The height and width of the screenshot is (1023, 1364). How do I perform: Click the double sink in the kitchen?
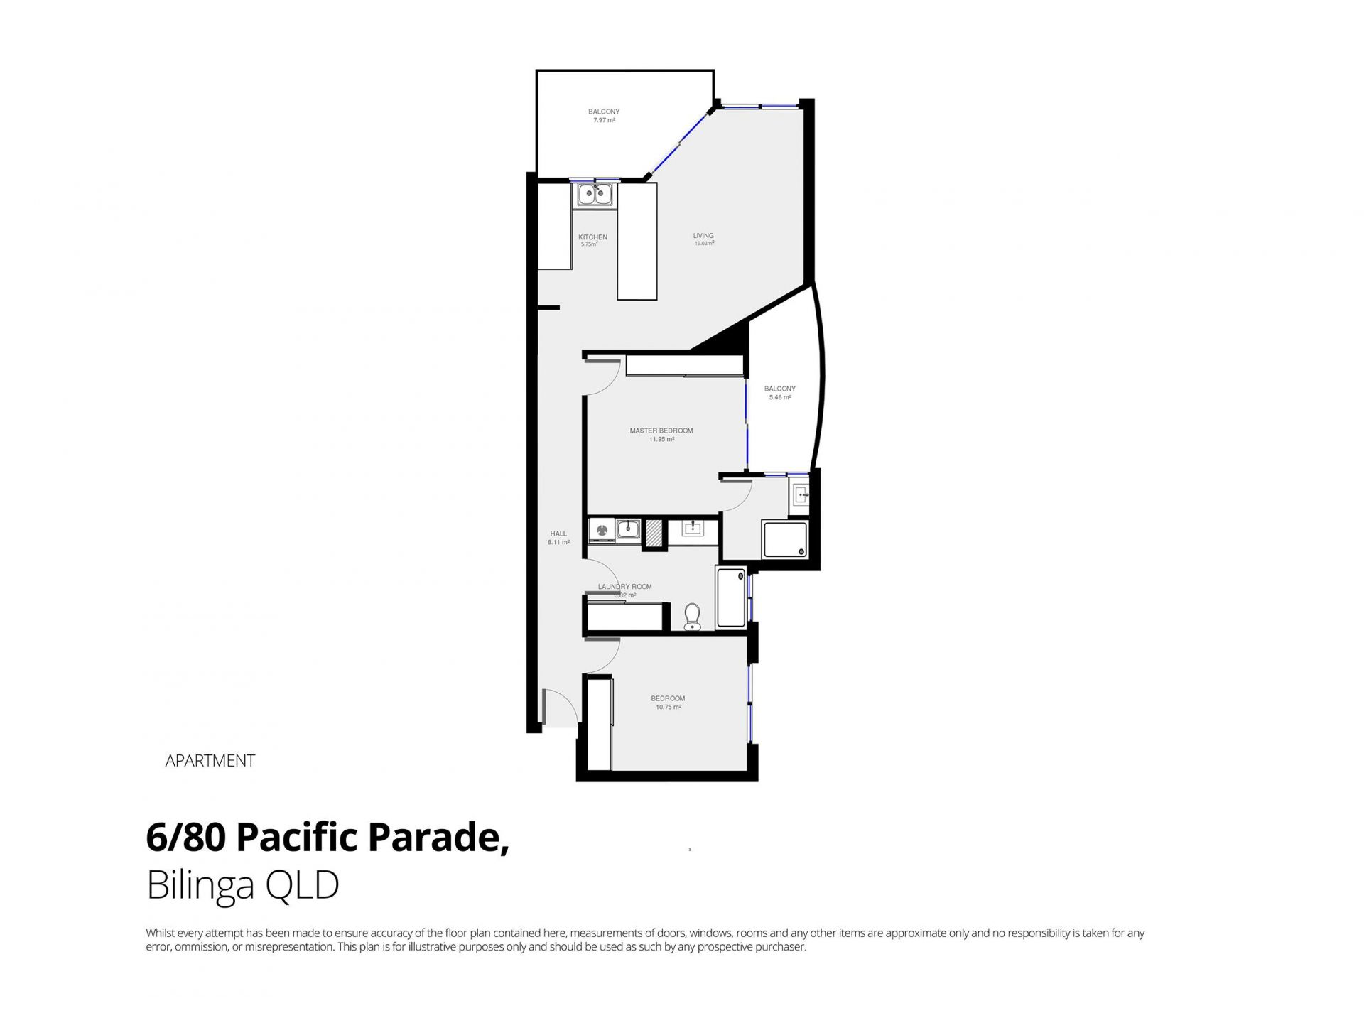595,194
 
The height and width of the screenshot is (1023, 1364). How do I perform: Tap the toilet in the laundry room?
692,617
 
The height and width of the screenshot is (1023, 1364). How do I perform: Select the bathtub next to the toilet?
731,597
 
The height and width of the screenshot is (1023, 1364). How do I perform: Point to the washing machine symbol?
602,529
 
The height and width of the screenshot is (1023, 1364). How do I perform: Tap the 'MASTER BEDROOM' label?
661,431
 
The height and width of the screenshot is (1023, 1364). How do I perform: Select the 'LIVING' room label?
703,236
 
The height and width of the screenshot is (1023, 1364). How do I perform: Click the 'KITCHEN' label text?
592,237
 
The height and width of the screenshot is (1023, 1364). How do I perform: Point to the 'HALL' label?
558,534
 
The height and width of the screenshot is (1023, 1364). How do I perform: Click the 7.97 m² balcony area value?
604,121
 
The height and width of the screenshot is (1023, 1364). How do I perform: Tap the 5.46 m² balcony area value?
779,398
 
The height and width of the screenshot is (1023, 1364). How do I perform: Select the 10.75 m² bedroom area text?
668,708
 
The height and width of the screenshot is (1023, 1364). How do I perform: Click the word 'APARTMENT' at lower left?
210,761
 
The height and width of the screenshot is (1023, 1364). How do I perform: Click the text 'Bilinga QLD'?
243,886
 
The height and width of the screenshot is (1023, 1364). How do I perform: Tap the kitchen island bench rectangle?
637,242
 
